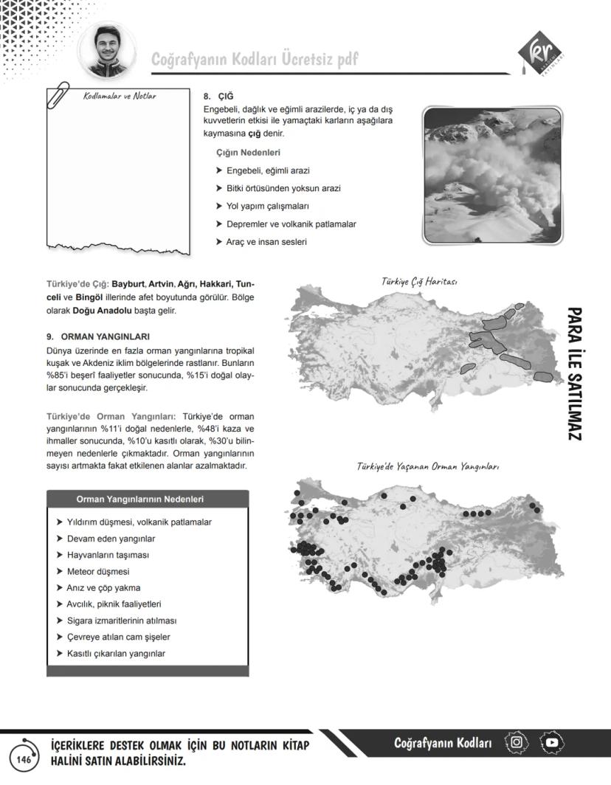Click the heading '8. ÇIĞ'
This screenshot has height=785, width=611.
click(x=218, y=97)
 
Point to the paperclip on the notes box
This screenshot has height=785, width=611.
click(x=58, y=94)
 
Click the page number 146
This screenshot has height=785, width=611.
click(x=24, y=759)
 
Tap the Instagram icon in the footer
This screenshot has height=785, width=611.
click(x=517, y=742)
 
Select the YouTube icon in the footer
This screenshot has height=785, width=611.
click(x=552, y=742)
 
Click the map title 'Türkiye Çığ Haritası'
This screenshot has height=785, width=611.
click(x=420, y=282)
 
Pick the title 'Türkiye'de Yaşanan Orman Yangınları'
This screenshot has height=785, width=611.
click(x=428, y=467)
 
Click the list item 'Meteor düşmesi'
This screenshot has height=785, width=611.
click(x=98, y=571)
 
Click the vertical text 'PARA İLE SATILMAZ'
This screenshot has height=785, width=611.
click(x=576, y=375)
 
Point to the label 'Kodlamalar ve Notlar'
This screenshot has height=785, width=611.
click(x=120, y=96)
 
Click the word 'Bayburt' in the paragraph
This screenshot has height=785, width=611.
click(x=128, y=284)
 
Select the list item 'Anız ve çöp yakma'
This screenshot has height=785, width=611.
click(x=103, y=587)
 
